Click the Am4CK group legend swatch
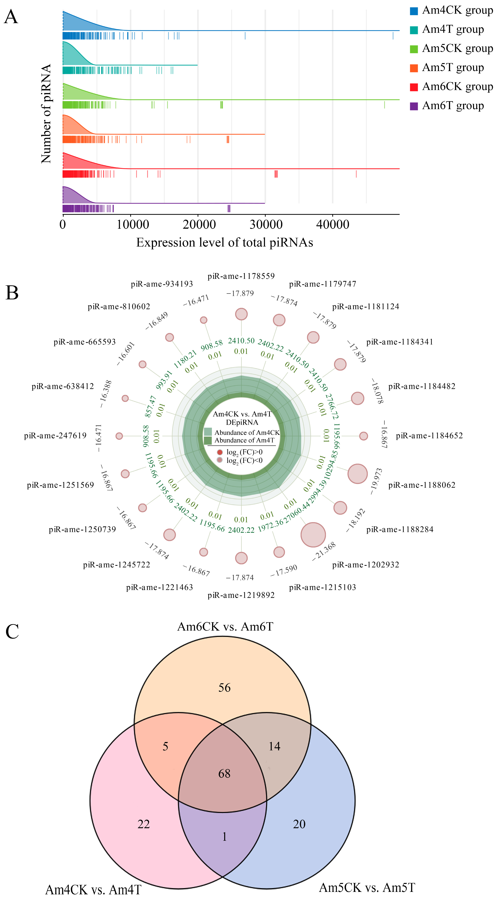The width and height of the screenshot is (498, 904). (x=414, y=11)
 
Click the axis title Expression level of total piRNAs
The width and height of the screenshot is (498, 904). (x=224, y=243)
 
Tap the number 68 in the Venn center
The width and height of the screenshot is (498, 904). (x=224, y=774)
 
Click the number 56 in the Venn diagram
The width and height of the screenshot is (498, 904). (x=224, y=687)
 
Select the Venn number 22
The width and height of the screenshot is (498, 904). (x=144, y=824)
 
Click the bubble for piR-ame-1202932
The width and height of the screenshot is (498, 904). (x=313, y=535)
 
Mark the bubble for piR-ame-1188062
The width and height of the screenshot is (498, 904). (x=357, y=474)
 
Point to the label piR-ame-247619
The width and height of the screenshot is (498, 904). (x=55, y=436)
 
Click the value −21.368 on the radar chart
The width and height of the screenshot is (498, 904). (x=324, y=551)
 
